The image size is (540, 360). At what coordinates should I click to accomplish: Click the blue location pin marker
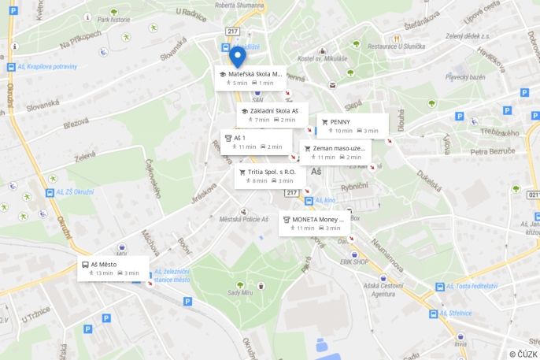pyautogui.click(x=238, y=58)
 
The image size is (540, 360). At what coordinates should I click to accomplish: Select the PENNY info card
pyautogui.click(x=353, y=126)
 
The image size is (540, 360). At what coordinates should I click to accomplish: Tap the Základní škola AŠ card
pyautogui.click(x=272, y=115)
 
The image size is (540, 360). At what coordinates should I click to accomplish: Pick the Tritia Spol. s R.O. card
pyautogui.click(x=270, y=176)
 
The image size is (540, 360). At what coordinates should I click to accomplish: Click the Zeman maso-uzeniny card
pyautogui.click(x=335, y=152)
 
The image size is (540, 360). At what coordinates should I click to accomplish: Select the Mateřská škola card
pyautogui.click(x=250, y=78)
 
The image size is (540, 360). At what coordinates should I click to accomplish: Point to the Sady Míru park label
pyautogui.click(x=239, y=292)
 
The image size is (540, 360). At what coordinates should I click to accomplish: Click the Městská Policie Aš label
pyautogui.click(x=243, y=219)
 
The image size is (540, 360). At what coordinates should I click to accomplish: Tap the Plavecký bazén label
pyautogui.click(x=465, y=76)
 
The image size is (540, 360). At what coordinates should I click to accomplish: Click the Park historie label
pyautogui.click(x=114, y=20)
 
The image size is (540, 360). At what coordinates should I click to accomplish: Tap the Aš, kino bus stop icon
pyautogui.click(x=309, y=201)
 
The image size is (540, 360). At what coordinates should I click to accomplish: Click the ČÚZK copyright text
pyautogui.click(x=523, y=354)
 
